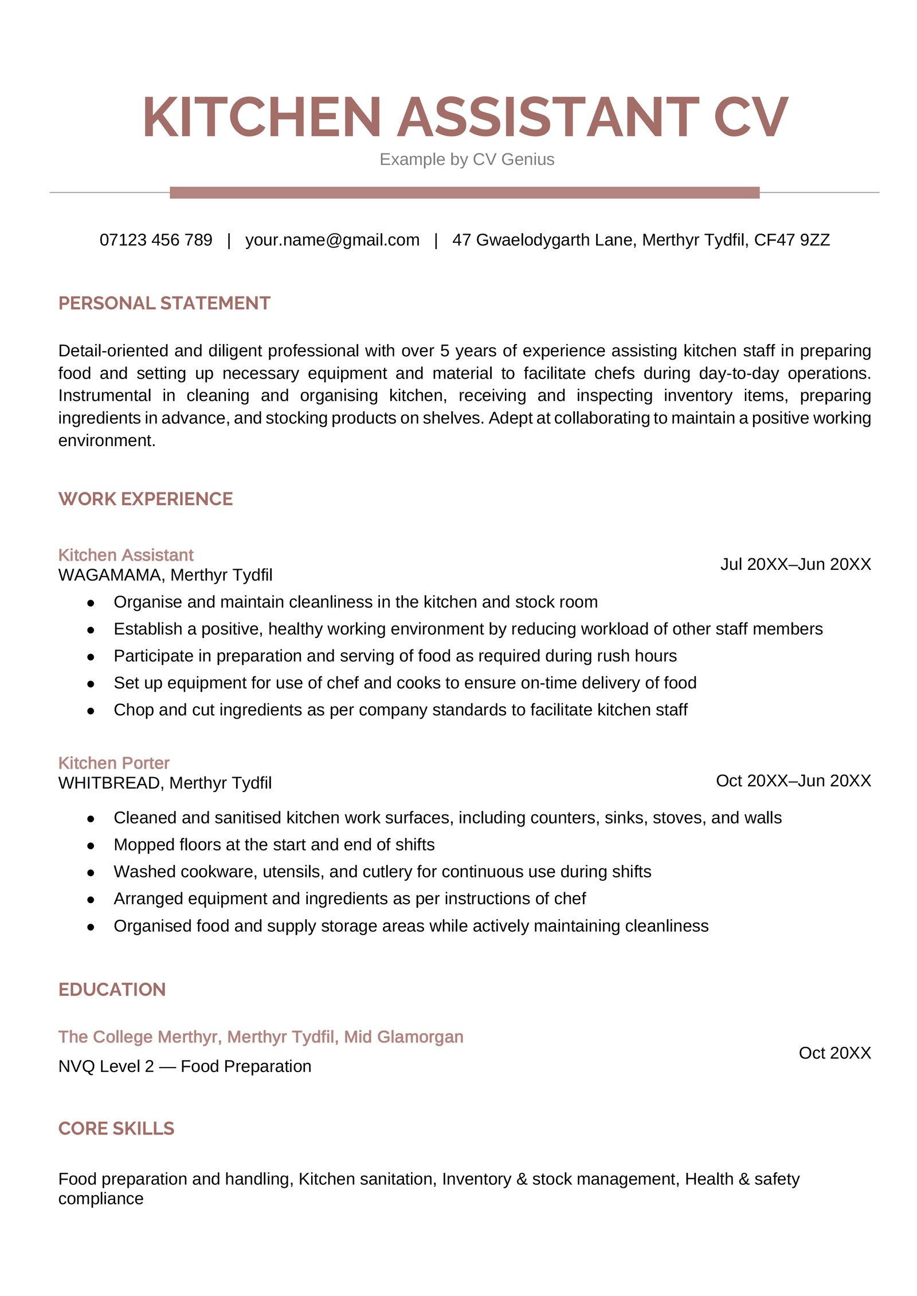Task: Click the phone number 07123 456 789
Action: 156,240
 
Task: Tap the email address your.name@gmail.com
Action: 332,240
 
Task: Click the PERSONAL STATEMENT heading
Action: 164,303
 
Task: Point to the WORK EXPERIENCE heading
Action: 146,499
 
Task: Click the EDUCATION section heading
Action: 112,990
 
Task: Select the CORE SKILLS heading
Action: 116,1129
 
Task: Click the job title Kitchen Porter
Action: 113,763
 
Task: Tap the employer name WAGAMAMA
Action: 109,575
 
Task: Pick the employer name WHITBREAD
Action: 109,783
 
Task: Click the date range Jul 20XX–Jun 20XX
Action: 795,564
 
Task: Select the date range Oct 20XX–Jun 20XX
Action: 793,781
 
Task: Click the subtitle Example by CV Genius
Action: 467,159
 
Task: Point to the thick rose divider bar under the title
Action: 464,192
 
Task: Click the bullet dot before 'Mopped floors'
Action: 91,846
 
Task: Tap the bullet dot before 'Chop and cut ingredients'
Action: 91,711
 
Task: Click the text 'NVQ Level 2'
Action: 106,1066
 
